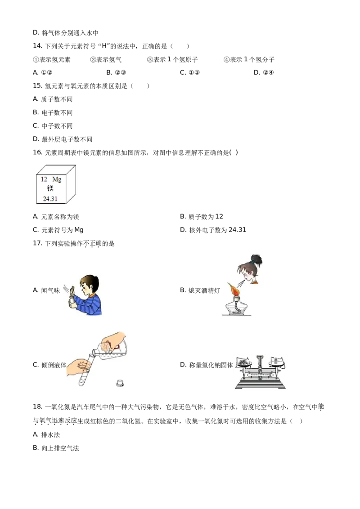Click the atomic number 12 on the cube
tap(44, 179)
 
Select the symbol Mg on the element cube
tap(57, 179)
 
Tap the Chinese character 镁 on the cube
tap(50, 188)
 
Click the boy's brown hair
tap(89, 281)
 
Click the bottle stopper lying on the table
tap(120, 384)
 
